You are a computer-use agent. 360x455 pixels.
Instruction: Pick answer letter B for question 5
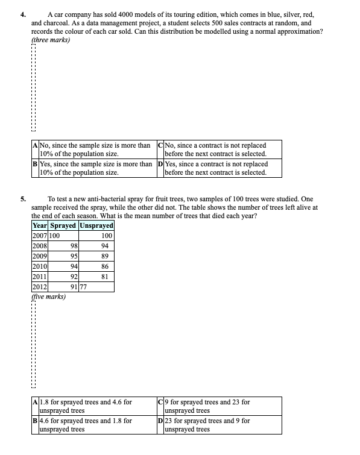click(x=35, y=421)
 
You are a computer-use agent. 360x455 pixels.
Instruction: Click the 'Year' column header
click(x=39, y=225)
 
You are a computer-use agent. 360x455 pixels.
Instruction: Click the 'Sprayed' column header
click(x=63, y=225)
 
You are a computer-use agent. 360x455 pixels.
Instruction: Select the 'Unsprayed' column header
click(x=96, y=225)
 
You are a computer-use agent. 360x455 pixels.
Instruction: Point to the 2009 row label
click(x=39, y=254)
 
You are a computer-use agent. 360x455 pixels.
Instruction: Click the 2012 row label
click(x=39, y=287)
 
